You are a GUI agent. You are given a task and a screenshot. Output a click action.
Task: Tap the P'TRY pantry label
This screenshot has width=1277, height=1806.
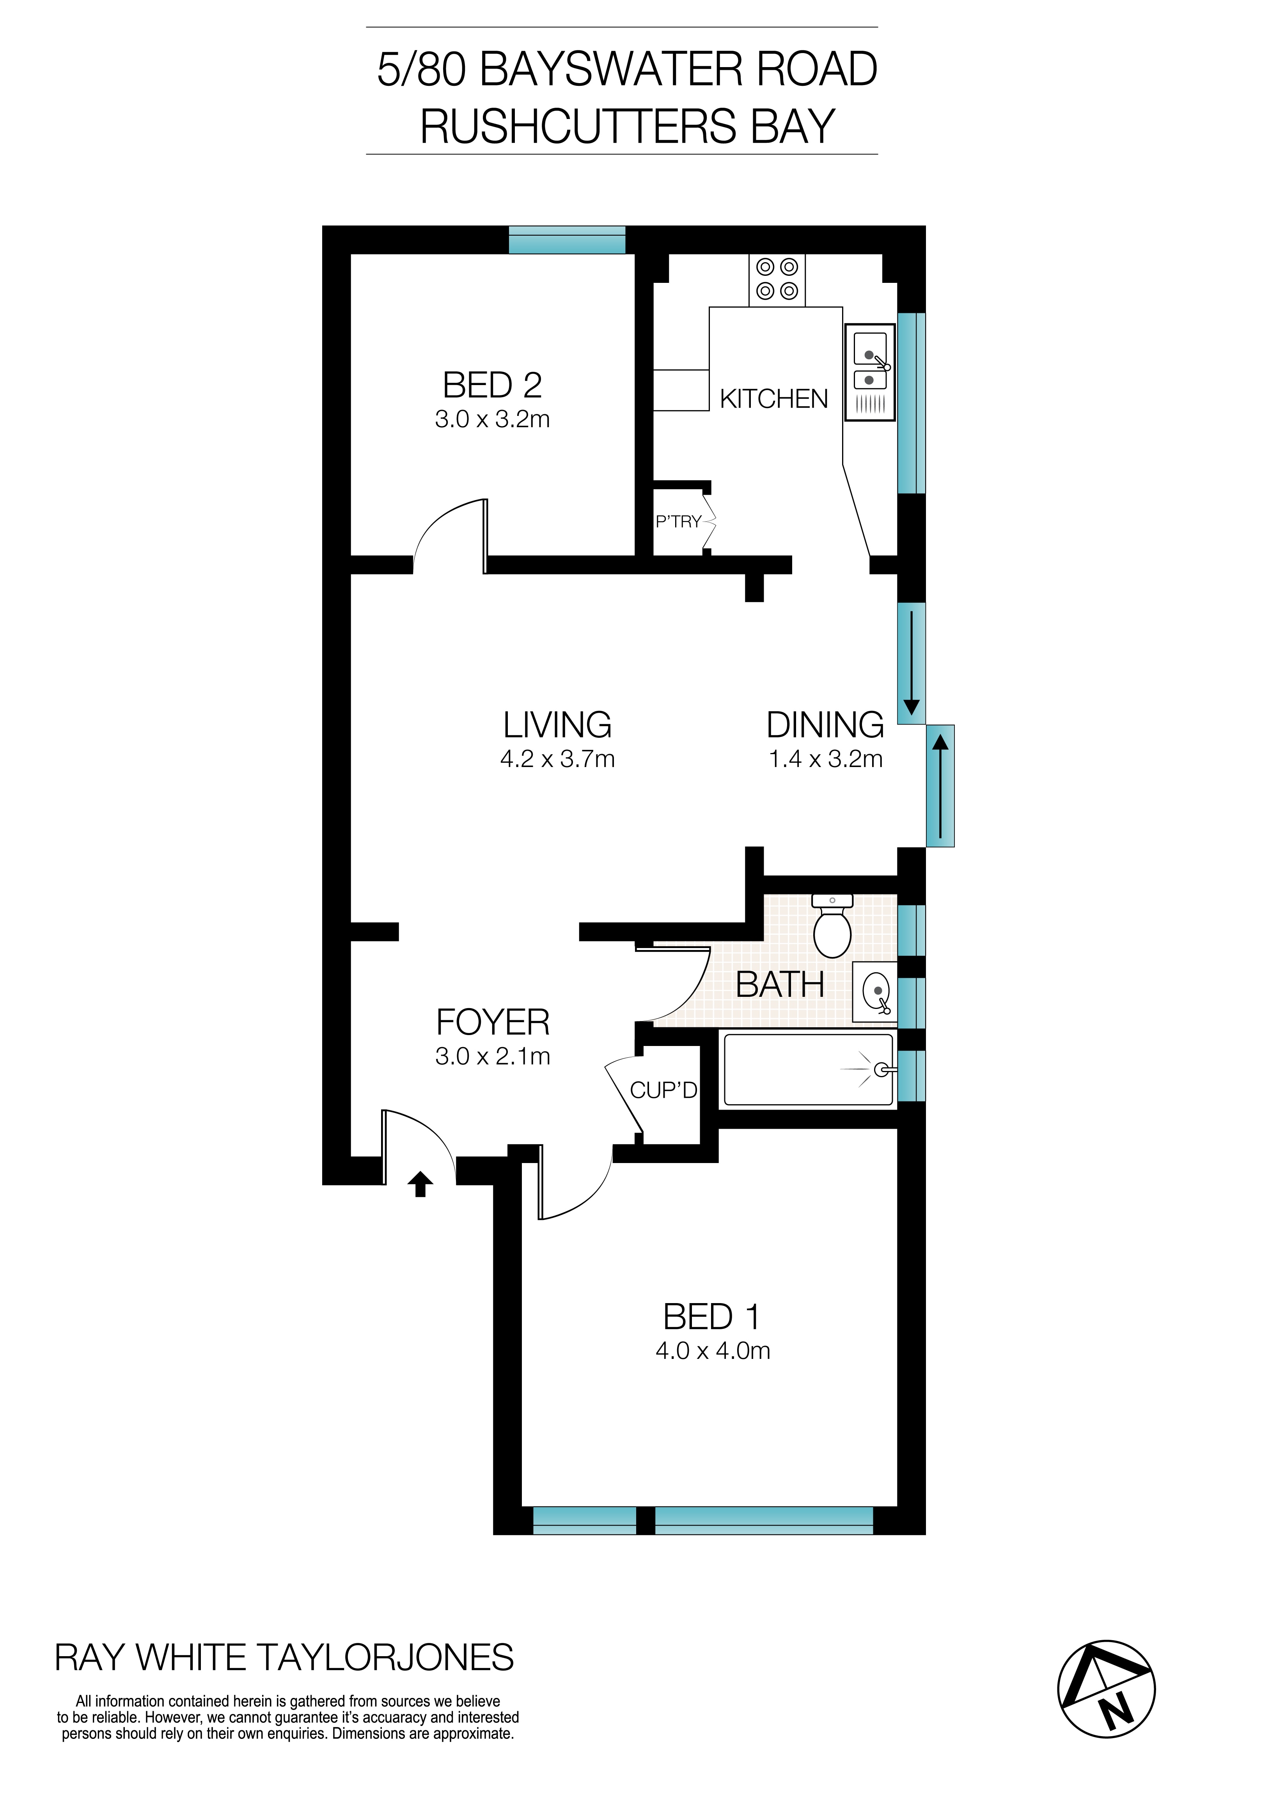tap(678, 522)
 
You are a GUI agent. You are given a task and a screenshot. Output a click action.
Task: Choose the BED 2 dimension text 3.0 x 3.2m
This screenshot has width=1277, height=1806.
tap(492, 419)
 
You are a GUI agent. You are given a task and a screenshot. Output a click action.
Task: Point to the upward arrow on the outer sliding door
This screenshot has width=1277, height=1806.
tap(940, 785)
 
